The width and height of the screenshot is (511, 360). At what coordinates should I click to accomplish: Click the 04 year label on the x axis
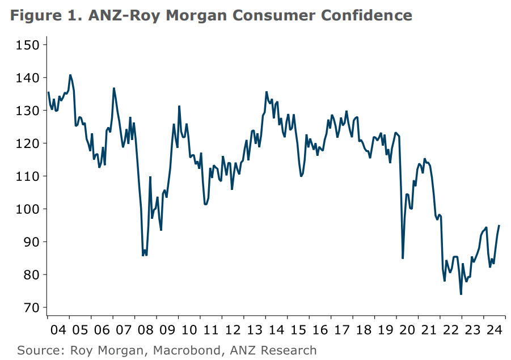click(58, 330)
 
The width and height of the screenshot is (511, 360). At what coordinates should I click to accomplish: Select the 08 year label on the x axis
click(146, 330)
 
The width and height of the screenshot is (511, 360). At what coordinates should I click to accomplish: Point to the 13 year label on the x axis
click(254, 330)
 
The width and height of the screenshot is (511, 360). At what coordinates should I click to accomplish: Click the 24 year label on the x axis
click(493, 330)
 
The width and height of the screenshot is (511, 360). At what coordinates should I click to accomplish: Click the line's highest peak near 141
click(70, 75)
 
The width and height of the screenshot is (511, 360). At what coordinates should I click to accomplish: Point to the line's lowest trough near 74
click(461, 294)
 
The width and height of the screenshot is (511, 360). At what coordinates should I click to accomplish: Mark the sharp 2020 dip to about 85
click(403, 258)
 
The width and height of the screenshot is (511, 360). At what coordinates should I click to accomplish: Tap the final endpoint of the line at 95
click(499, 226)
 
